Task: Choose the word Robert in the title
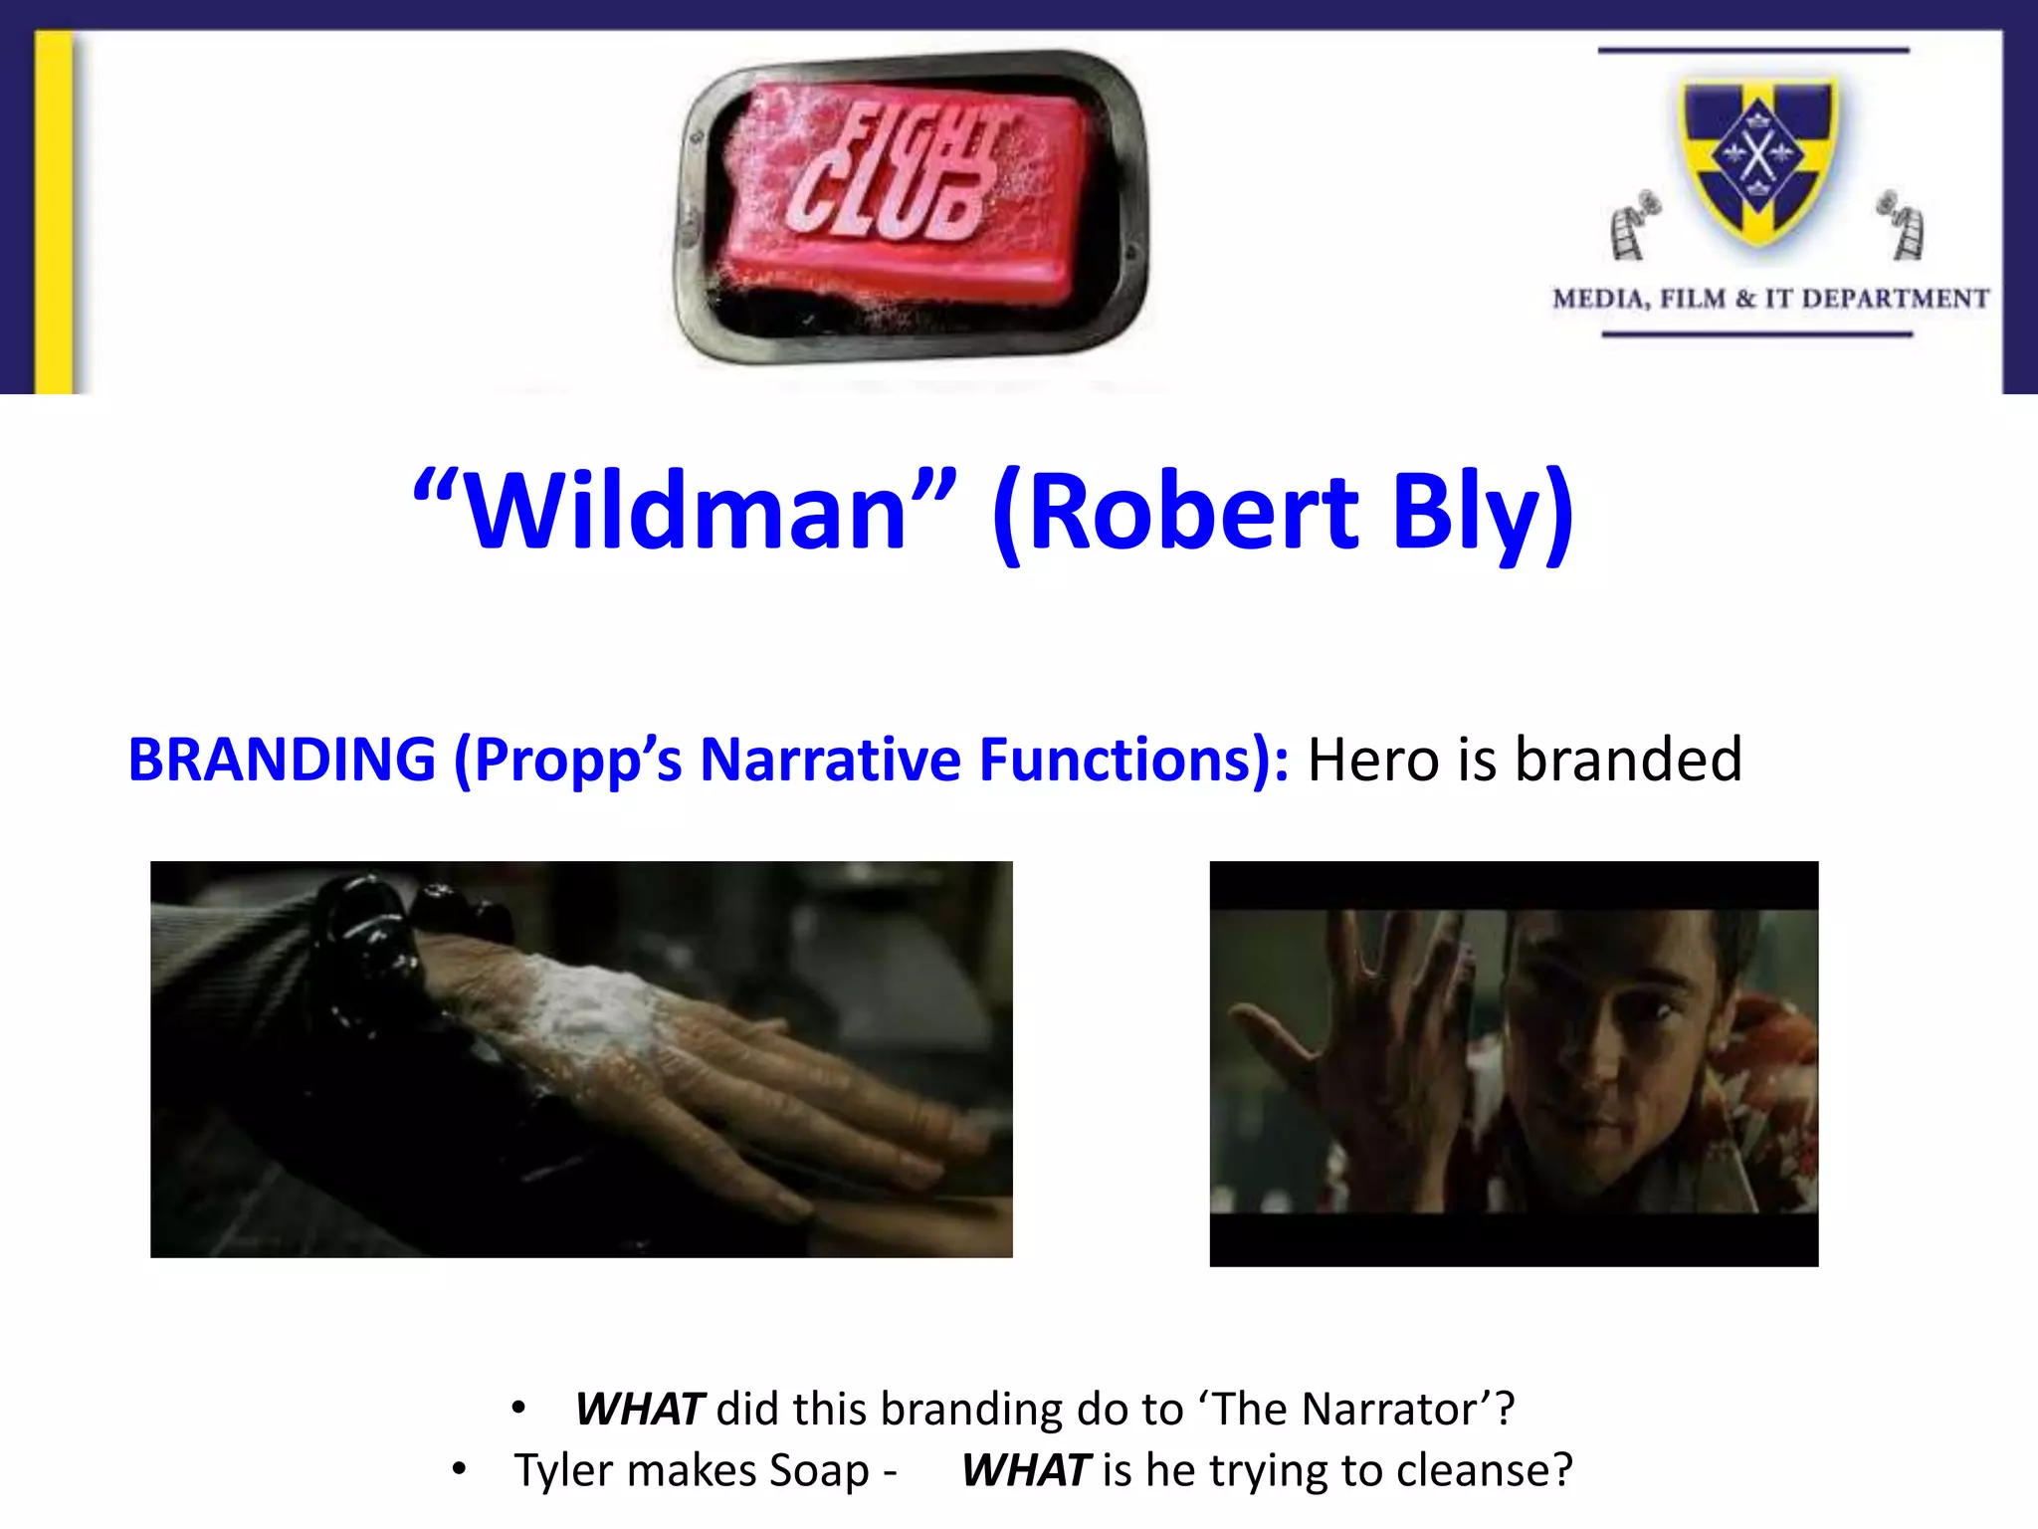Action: click(1194, 513)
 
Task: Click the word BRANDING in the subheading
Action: click(282, 760)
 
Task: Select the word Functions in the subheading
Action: click(1124, 760)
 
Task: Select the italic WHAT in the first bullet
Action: click(639, 1410)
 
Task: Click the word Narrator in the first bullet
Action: click(1388, 1410)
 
